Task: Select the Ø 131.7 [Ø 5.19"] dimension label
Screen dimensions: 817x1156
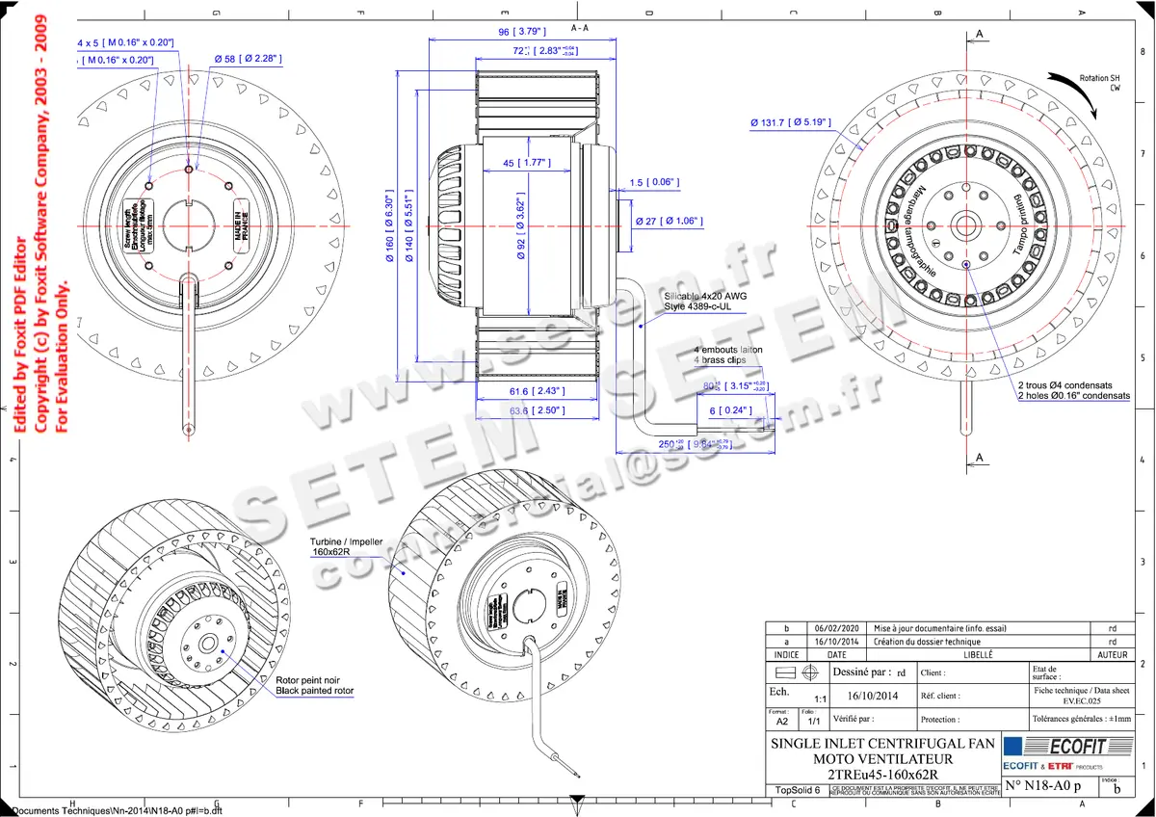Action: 791,122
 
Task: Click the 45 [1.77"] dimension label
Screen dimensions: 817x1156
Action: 525,162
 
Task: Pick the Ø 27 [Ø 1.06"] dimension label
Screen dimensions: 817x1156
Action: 669,222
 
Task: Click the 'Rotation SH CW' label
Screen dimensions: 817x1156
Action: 1099,82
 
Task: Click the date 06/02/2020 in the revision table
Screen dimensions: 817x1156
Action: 837,627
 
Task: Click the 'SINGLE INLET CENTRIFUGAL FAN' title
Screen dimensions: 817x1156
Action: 882,744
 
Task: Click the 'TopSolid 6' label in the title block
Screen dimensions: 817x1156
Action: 798,790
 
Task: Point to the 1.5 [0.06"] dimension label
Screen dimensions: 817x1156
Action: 655,182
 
